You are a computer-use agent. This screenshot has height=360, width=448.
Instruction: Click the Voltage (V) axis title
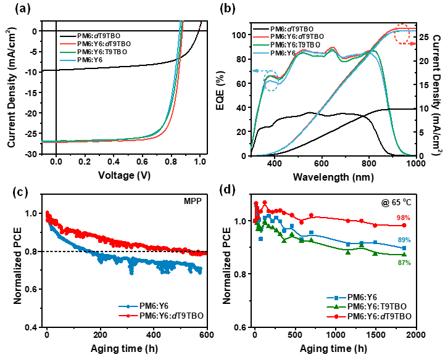(128, 174)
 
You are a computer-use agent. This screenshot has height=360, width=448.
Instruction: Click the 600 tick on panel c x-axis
(207, 336)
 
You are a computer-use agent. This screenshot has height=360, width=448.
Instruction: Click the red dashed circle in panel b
(404, 35)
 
